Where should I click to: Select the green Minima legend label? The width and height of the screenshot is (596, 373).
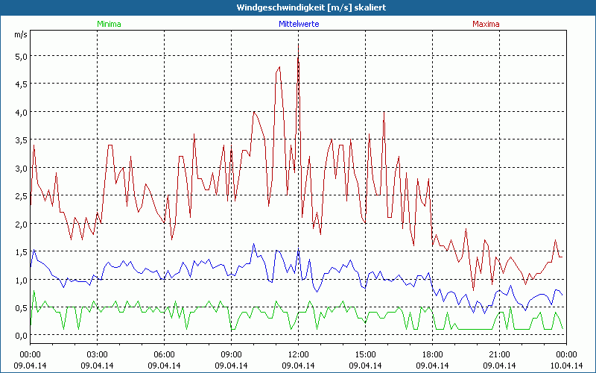(108, 24)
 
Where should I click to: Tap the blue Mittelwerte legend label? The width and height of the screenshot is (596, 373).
(299, 24)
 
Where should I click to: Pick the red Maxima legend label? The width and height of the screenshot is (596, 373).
(486, 24)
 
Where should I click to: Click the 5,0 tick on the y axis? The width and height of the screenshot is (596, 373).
(20, 56)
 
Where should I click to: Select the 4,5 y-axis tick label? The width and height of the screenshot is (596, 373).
(20, 84)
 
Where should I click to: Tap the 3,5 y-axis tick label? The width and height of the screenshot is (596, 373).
(20, 140)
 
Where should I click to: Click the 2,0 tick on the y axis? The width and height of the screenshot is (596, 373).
(20, 224)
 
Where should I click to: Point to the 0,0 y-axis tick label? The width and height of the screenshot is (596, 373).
(20, 336)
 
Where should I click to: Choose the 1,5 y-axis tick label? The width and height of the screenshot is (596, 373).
(20, 251)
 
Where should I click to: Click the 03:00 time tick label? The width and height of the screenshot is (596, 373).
(98, 354)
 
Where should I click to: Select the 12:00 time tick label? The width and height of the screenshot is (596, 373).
(299, 354)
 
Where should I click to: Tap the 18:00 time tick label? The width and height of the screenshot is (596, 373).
(433, 354)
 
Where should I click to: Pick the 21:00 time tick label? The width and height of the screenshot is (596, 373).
(500, 354)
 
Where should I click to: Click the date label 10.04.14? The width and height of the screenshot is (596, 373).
(566, 366)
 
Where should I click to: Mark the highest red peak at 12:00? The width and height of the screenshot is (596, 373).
(298, 44)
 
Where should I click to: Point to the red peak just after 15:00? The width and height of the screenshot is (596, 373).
(384, 112)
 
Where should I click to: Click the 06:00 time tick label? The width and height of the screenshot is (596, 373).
(165, 354)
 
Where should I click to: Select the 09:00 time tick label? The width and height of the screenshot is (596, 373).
(232, 354)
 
